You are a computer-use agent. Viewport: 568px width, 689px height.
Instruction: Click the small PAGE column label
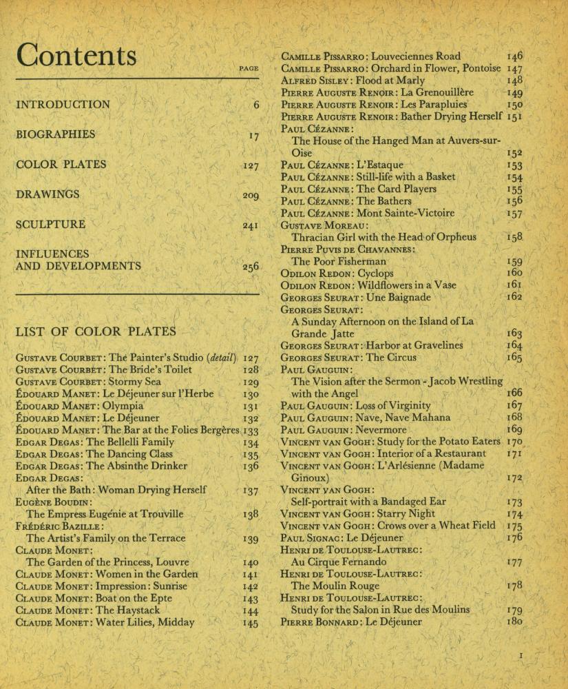click(x=249, y=69)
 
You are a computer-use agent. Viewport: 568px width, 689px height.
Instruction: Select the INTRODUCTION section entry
click(x=63, y=105)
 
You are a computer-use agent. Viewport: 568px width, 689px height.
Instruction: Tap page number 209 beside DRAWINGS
click(x=251, y=196)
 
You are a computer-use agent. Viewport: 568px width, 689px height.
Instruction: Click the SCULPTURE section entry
click(x=50, y=224)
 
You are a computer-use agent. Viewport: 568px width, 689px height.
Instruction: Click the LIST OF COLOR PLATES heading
click(x=96, y=331)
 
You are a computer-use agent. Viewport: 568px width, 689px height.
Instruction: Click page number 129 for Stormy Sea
click(x=251, y=382)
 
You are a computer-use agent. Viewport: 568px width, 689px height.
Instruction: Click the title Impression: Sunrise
click(x=151, y=586)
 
